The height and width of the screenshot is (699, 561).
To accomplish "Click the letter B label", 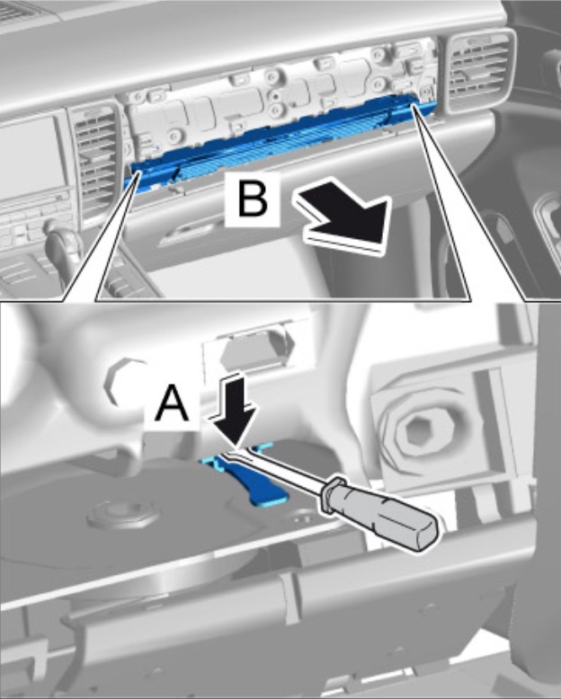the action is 254,199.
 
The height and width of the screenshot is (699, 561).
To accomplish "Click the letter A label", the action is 171,403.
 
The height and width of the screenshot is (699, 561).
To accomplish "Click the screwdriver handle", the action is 379,513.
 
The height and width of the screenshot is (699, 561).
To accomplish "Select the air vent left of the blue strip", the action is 94,162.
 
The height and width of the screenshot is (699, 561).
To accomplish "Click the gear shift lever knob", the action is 63,240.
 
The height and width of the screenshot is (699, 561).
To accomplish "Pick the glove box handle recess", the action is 187,233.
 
